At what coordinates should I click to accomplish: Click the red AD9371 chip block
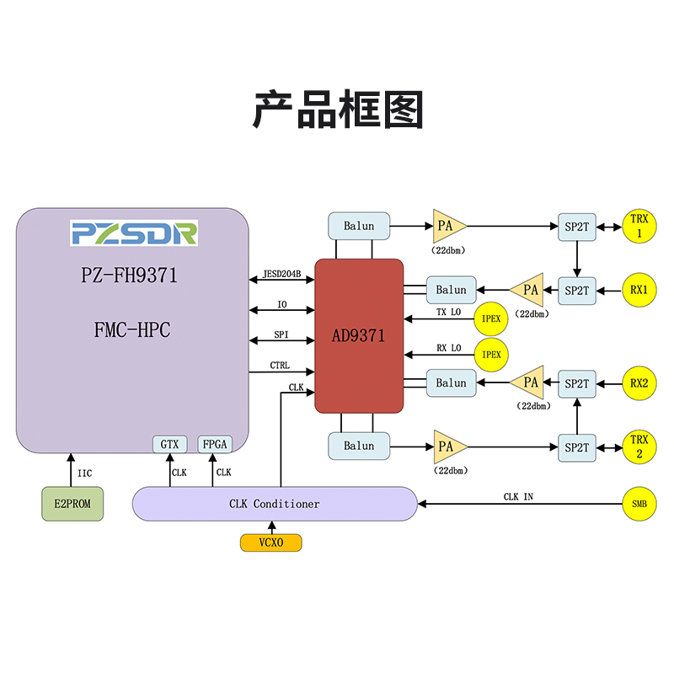tap(359, 335)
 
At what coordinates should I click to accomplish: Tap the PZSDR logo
tap(134, 233)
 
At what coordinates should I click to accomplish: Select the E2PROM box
tap(73, 504)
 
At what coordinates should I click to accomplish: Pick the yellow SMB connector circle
tap(638, 504)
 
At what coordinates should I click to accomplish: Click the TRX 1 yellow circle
tap(638, 226)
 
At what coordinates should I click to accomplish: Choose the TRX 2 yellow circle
tap(638, 447)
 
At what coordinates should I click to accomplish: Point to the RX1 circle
tap(638, 290)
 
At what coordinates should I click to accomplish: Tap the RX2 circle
tap(638, 383)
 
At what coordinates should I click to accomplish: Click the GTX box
tap(170, 444)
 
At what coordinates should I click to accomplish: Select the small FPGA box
tap(214, 444)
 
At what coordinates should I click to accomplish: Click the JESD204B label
tap(282, 273)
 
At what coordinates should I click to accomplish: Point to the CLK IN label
tap(518, 497)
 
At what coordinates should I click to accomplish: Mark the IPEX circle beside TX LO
tap(490, 319)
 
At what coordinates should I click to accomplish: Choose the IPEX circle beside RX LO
tap(490, 355)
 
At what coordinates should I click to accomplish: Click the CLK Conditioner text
tap(275, 504)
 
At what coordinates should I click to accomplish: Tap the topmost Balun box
tap(359, 226)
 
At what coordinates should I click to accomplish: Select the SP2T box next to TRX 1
tap(577, 226)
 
